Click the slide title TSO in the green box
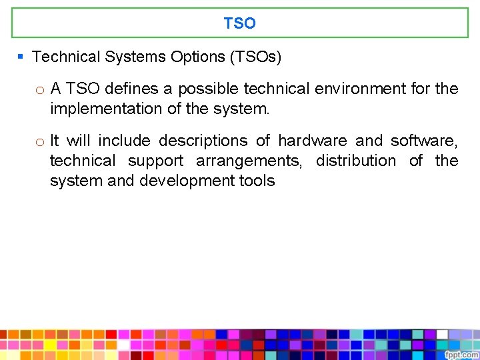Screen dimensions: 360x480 (x=239, y=23)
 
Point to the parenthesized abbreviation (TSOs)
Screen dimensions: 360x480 (x=255, y=57)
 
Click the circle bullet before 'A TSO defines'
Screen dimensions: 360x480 (x=40, y=89)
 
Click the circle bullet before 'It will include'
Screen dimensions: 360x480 (x=40, y=141)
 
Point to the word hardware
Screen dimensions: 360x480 (x=312, y=141)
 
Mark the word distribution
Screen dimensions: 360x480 (x=355, y=161)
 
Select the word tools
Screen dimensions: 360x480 (x=255, y=181)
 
